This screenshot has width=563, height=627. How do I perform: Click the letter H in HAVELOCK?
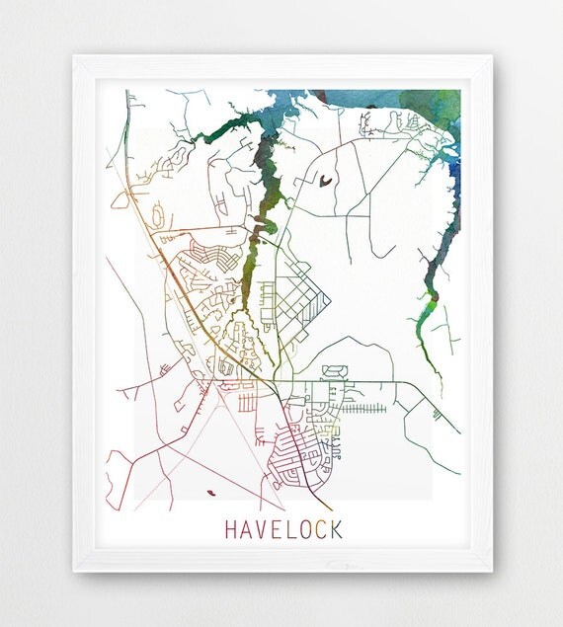231,529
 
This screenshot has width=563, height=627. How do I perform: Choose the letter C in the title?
322,529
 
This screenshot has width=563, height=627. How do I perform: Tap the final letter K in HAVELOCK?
337,529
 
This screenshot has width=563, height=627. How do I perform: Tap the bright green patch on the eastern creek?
431,295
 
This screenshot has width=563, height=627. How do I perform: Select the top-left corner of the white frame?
76,58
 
